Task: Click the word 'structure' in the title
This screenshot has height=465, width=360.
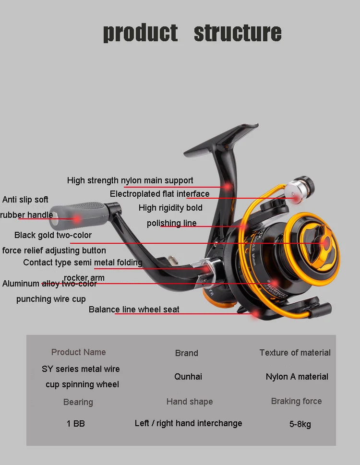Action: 237,33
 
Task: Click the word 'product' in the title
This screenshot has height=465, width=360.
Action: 140,33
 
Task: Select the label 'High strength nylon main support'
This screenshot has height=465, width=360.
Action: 130,180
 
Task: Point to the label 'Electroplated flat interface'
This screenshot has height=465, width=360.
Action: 159,194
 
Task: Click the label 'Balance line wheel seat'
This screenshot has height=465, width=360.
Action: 134,310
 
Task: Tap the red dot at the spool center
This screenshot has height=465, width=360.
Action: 326,243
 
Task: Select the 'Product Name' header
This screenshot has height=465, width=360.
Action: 78,352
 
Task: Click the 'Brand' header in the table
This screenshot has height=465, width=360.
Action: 187,353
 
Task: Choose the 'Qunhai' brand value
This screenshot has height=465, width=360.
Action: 188,377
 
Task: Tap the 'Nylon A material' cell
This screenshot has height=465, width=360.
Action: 297,377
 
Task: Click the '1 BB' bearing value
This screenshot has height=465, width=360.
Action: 76,424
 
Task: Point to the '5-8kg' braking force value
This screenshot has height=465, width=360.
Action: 300,424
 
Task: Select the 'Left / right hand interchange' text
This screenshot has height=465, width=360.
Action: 188,423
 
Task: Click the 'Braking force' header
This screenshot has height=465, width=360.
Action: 296,401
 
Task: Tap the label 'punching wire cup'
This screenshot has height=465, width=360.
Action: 51,299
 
